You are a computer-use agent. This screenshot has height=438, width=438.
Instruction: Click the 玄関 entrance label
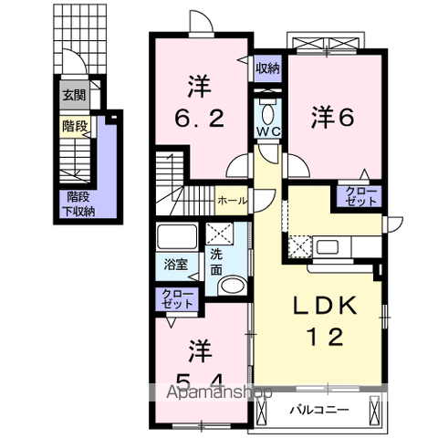point(74,95)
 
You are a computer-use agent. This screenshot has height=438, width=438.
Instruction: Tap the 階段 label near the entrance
point(75,128)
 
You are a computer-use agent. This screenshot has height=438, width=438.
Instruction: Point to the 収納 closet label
point(267,67)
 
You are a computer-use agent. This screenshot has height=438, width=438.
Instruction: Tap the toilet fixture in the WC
point(267,113)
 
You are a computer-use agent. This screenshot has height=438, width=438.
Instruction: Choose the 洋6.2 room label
point(199,101)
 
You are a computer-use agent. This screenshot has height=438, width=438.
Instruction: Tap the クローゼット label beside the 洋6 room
point(358,196)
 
